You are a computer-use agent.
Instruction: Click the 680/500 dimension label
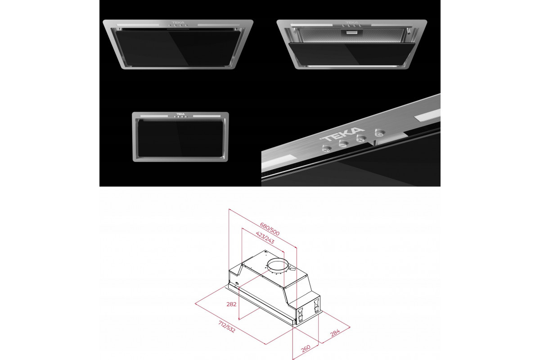[x=270, y=229]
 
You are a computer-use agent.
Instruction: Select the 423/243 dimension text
[x=265, y=238]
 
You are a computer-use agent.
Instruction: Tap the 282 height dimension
[x=231, y=304]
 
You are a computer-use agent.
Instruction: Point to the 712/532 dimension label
[x=227, y=327]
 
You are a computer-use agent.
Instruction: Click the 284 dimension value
[x=335, y=333]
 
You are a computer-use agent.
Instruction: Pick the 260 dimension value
[x=306, y=349]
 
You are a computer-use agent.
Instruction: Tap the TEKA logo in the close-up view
[x=342, y=135]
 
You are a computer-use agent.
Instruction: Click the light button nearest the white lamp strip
[x=380, y=133]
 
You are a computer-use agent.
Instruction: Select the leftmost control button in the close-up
[x=327, y=149]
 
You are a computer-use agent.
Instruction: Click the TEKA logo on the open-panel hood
[x=352, y=22]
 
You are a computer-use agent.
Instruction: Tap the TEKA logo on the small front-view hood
[x=180, y=114]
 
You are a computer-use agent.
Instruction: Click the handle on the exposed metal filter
[x=352, y=32]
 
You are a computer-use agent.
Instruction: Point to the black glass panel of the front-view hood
[x=180, y=139]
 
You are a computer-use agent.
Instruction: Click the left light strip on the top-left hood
[x=138, y=25]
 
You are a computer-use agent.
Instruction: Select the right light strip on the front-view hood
[x=207, y=116]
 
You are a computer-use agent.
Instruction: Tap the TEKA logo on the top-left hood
[x=178, y=22]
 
